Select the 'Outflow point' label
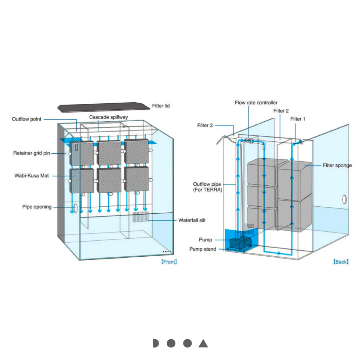tap(26, 119)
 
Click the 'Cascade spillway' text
tap(108, 117)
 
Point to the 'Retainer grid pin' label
tap(32, 153)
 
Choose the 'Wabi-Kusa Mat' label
tap(31, 176)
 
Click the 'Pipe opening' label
tap(37, 207)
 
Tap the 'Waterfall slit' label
tap(192, 220)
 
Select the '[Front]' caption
tap(169, 262)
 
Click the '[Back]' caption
tap(341, 262)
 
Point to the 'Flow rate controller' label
tap(256, 103)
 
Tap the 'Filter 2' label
tap(281, 111)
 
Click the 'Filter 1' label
tap(298, 119)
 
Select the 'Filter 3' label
tap(205, 125)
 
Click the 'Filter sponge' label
tap(337, 165)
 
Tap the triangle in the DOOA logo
tap(203, 343)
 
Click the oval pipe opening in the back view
tap(345, 200)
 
